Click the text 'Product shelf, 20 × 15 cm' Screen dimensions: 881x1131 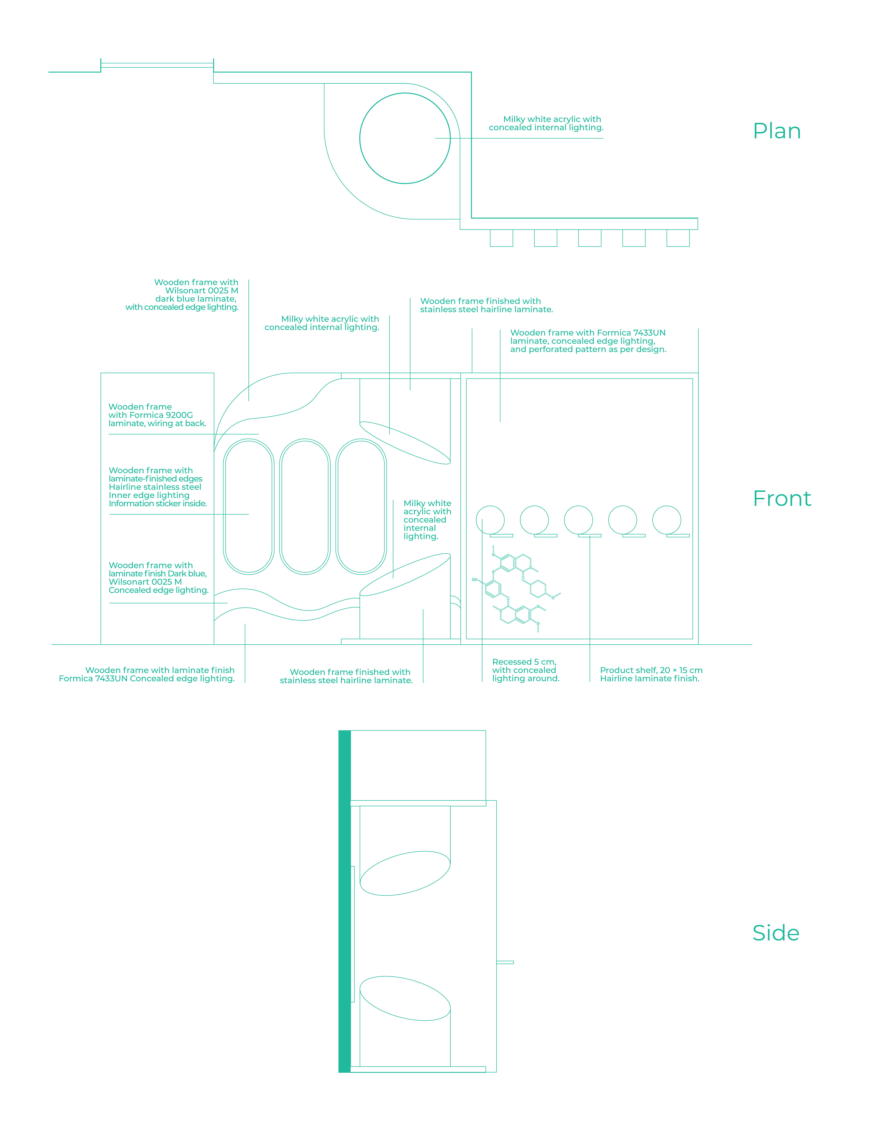pos(651,670)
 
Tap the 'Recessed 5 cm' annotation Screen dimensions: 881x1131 pos(524,662)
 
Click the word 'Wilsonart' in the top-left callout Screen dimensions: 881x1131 pos(185,291)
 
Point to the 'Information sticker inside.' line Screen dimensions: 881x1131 pos(158,503)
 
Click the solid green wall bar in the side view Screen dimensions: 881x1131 pos(344,901)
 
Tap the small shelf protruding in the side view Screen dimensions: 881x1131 pos(505,962)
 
